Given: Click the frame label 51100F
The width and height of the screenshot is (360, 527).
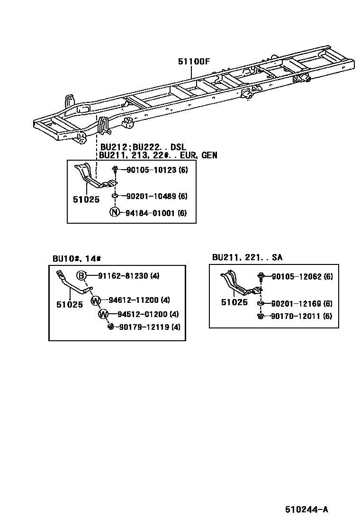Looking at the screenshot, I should coord(194,61).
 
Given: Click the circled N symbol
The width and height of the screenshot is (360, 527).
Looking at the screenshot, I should coord(114,213).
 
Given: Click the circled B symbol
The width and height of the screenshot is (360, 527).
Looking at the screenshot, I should coord(81,276).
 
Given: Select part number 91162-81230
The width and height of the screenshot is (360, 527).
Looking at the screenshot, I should coord(123,276).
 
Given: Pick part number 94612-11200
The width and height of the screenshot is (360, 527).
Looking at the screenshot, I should coord(133,300).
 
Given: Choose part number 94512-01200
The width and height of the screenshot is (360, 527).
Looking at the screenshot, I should coord(142,314).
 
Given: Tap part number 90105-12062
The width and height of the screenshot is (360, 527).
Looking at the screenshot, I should coord(296,276).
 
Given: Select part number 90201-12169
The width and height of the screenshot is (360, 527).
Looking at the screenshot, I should coord(296,304).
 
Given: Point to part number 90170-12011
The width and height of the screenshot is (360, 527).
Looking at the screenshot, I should coord(296,316).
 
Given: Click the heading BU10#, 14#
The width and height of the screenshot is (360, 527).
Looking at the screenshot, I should coord(77,258).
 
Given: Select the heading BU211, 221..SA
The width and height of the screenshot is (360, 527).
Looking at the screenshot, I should coord(247,257).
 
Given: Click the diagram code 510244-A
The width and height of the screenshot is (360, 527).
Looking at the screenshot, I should coord(306,510).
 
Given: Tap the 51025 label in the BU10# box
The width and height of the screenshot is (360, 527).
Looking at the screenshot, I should coord(70,305).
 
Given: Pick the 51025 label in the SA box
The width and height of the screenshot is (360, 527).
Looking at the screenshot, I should coord(234,302).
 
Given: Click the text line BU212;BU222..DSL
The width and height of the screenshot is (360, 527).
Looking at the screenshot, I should coord(143,147).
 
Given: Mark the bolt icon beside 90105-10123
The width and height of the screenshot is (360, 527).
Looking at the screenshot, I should coord(115,170).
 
